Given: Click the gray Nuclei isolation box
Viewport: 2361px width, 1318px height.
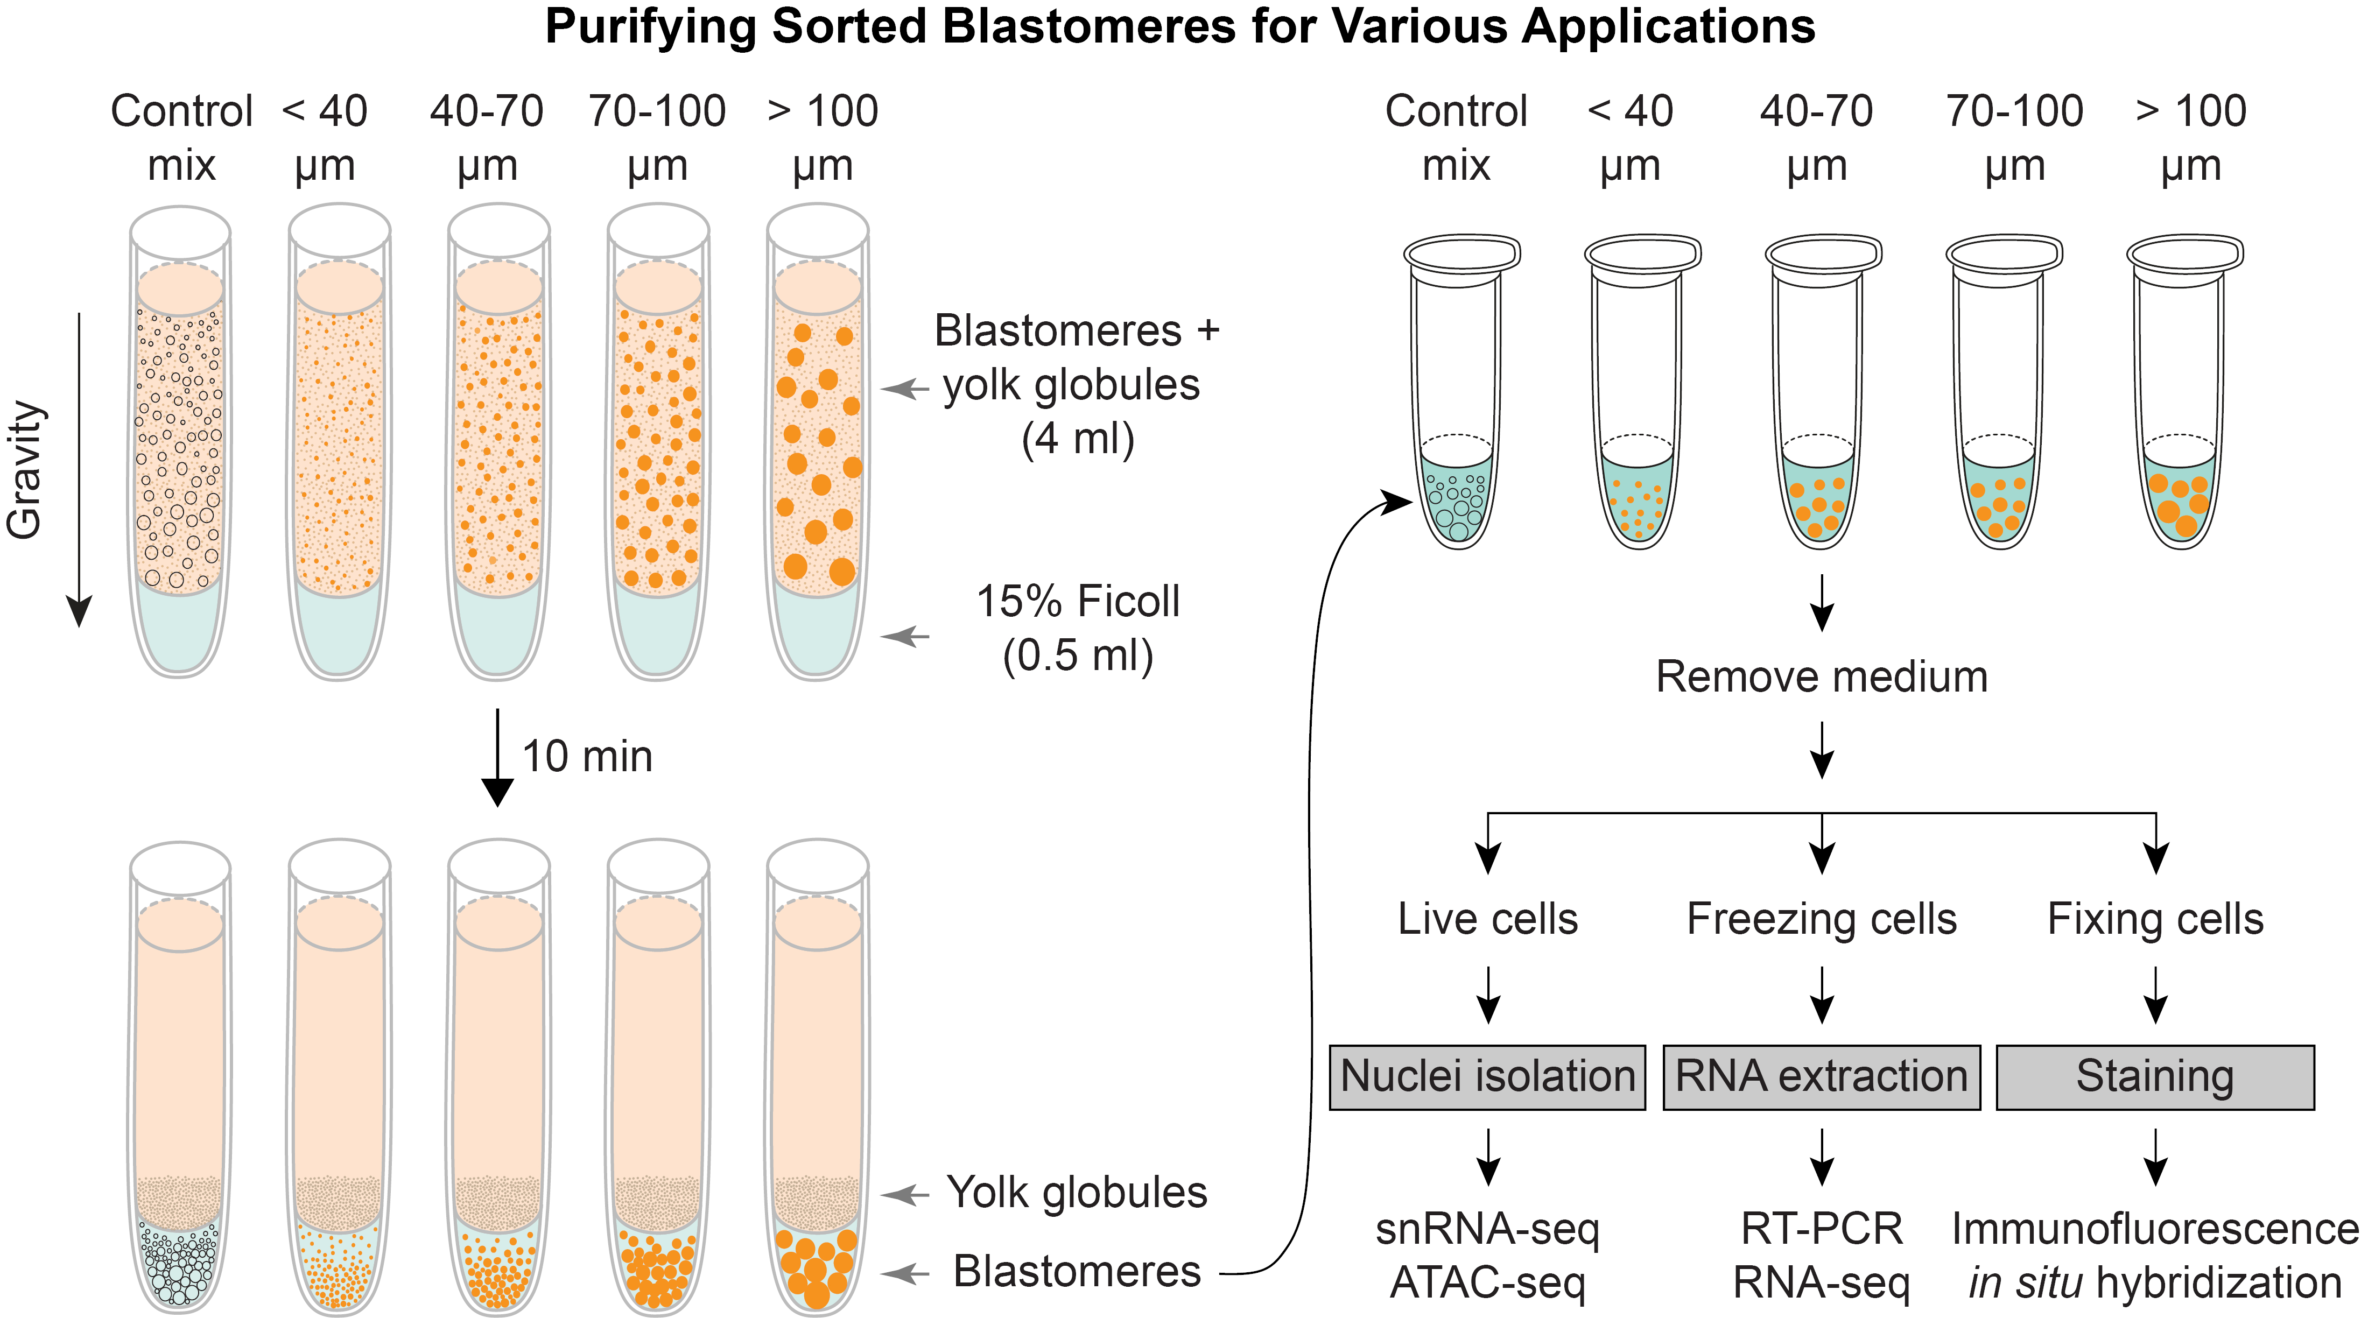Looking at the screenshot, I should [x=1487, y=1077].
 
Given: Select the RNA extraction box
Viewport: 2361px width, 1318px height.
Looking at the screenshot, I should [x=1821, y=1077].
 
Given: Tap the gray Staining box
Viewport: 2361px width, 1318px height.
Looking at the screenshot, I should [x=2155, y=1077].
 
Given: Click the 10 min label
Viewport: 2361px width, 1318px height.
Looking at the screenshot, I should [x=587, y=757].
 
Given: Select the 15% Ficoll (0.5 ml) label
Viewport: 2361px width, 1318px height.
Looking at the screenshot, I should [x=1077, y=629].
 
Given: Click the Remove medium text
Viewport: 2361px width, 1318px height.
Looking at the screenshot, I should [x=1821, y=678].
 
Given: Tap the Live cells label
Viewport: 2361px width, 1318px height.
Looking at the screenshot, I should [x=1487, y=919].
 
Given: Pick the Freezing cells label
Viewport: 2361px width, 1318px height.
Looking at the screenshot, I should [x=1821, y=919].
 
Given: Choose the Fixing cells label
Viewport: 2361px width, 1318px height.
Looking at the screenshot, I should [x=2155, y=919].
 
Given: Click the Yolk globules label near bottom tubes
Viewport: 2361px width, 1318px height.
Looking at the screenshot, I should [x=1077, y=1193].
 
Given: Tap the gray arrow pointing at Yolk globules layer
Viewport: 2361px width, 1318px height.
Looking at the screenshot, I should [x=905, y=1194].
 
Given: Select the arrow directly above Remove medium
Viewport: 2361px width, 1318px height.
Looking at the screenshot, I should [x=1821, y=603].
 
